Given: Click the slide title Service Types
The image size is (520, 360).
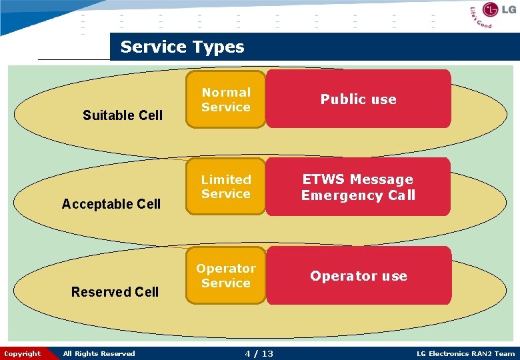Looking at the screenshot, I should coord(182,47).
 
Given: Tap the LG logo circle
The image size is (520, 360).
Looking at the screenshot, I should coord(491,10).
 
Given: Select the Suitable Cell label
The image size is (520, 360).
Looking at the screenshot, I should coord(123,115).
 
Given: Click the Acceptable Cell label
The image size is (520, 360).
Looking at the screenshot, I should coord(111,204).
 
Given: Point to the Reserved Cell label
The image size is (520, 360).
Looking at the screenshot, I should coord(115,292).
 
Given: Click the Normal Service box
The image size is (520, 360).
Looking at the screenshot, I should coord(226,99).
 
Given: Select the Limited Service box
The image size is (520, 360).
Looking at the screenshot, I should coord(226,187).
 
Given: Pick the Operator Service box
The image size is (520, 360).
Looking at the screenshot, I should coord(226,275).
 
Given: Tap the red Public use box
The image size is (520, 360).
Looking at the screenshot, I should coord(358,99).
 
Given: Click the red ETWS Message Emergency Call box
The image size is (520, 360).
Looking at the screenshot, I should coord(358,187).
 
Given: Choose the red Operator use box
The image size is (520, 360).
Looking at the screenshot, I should coord(358,276).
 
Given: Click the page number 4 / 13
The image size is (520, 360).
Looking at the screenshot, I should coord(259,353).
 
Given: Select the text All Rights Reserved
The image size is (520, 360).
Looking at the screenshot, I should coord(99,353).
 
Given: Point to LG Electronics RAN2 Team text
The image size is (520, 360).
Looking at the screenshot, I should coord(465,353).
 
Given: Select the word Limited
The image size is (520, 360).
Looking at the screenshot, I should coord(226,179).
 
